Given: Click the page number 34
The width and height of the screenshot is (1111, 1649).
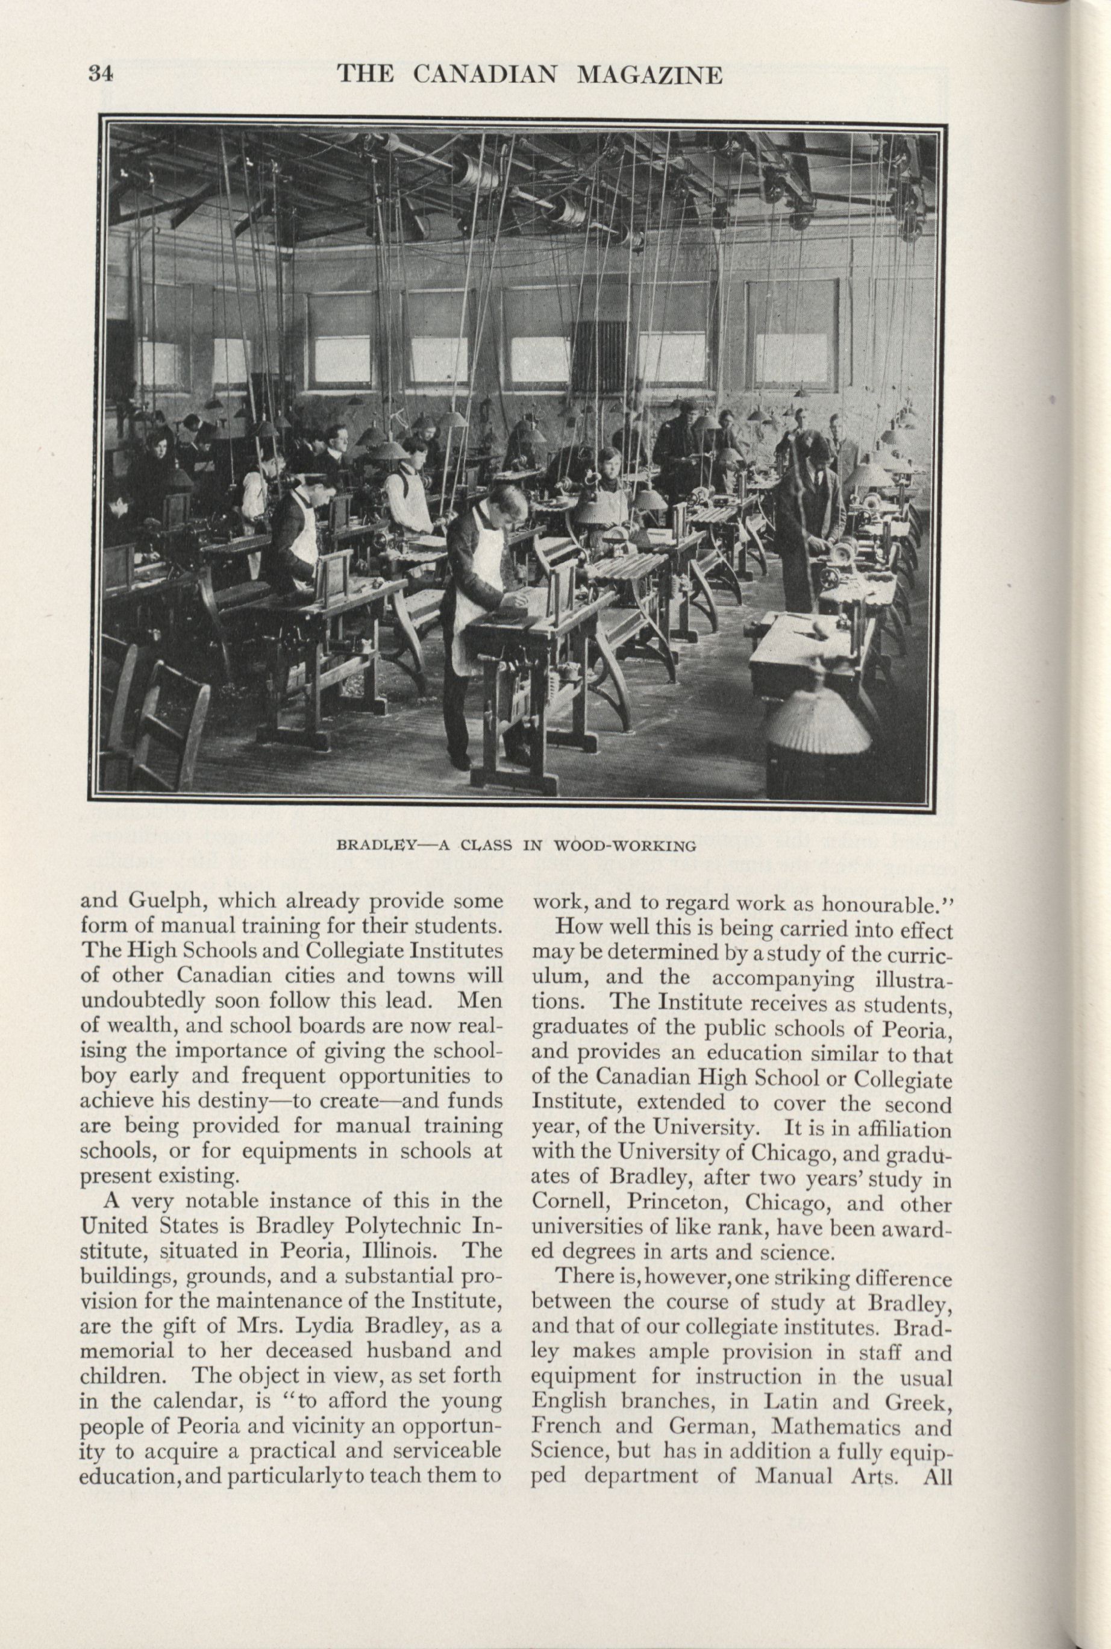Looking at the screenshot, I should pyautogui.click(x=101, y=74).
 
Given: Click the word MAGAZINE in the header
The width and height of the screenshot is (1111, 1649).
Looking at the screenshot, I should pyautogui.click(x=649, y=74).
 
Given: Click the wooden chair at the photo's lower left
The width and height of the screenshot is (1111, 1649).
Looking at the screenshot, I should pyautogui.click(x=170, y=730).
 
